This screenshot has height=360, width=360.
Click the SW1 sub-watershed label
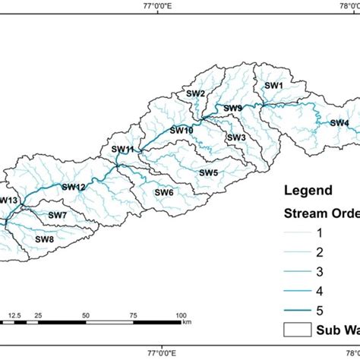click(273, 86)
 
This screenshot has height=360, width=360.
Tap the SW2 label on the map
click(196, 93)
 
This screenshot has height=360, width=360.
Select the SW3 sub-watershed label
click(236, 137)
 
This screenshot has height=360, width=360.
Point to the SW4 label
click(339, 123)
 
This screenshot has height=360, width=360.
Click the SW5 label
click(209, 172)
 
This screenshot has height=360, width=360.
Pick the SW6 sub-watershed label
click(163, 192)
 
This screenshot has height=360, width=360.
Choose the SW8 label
click(45, 239)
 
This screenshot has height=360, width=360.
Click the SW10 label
click(182, 130)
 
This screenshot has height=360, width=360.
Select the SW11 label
click(122, 150)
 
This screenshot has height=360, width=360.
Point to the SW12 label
click(74, 186)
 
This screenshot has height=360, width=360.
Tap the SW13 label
click(8, 200)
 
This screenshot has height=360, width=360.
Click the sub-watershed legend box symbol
click(297, 330)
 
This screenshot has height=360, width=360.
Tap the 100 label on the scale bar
click(181, 314)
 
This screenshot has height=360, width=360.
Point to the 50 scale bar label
click(86, 314)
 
